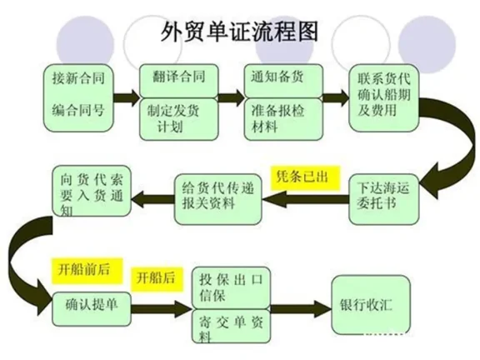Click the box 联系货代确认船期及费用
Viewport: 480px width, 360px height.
point(387,95)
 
